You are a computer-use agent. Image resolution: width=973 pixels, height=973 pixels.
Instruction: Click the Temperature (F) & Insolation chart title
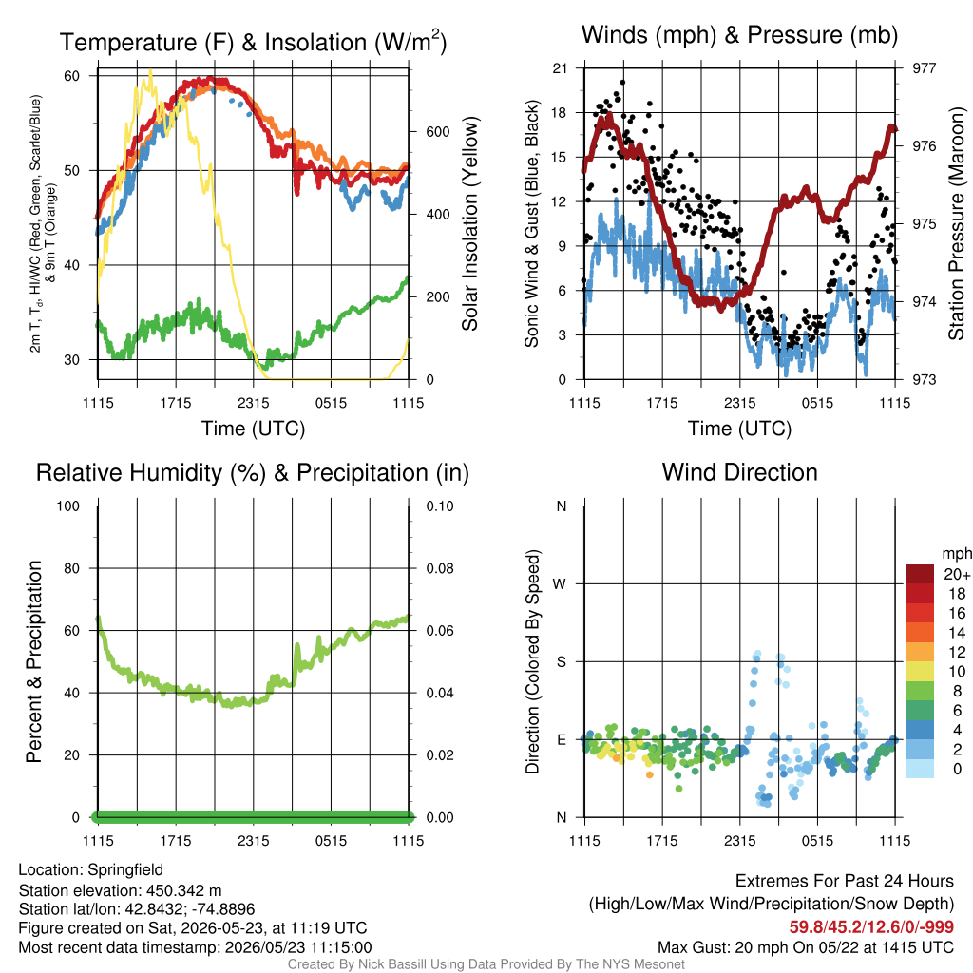point(253,42)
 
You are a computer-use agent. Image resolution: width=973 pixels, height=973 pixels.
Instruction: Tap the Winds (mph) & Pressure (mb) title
point(739,35)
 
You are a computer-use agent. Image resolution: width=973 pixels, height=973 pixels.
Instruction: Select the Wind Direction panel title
point(739,472)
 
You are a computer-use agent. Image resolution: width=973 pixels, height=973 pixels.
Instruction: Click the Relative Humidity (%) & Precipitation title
point(253,473)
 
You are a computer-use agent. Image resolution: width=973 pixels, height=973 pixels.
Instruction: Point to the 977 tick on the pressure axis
point(924,68)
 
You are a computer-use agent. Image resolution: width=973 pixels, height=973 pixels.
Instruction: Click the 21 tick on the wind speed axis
point(561,68)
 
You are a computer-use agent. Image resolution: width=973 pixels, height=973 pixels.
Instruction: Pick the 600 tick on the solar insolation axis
point(437,132)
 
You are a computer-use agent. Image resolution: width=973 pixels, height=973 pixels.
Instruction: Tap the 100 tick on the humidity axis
point(68,506)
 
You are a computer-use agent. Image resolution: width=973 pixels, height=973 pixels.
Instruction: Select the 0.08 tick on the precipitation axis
point(440,568)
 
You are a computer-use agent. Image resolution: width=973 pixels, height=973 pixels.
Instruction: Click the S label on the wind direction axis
point(561,661)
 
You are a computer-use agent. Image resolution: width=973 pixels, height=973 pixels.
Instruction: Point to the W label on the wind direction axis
point(560,584)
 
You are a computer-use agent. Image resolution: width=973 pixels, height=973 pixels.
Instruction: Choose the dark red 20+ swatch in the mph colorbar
point(920,574)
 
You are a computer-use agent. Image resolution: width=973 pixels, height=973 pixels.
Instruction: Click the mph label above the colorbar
point(957,554)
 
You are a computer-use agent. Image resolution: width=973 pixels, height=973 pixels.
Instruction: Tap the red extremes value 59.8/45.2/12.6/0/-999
point(871,927)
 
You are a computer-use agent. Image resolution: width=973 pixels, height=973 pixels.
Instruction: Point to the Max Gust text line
point(806,947)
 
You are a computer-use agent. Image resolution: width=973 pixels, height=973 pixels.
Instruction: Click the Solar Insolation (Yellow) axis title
point(470,223)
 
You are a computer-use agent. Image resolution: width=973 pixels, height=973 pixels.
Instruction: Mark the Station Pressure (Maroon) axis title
point(956,223)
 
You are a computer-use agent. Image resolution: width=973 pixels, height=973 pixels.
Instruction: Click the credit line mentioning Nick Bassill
point(486,964)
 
